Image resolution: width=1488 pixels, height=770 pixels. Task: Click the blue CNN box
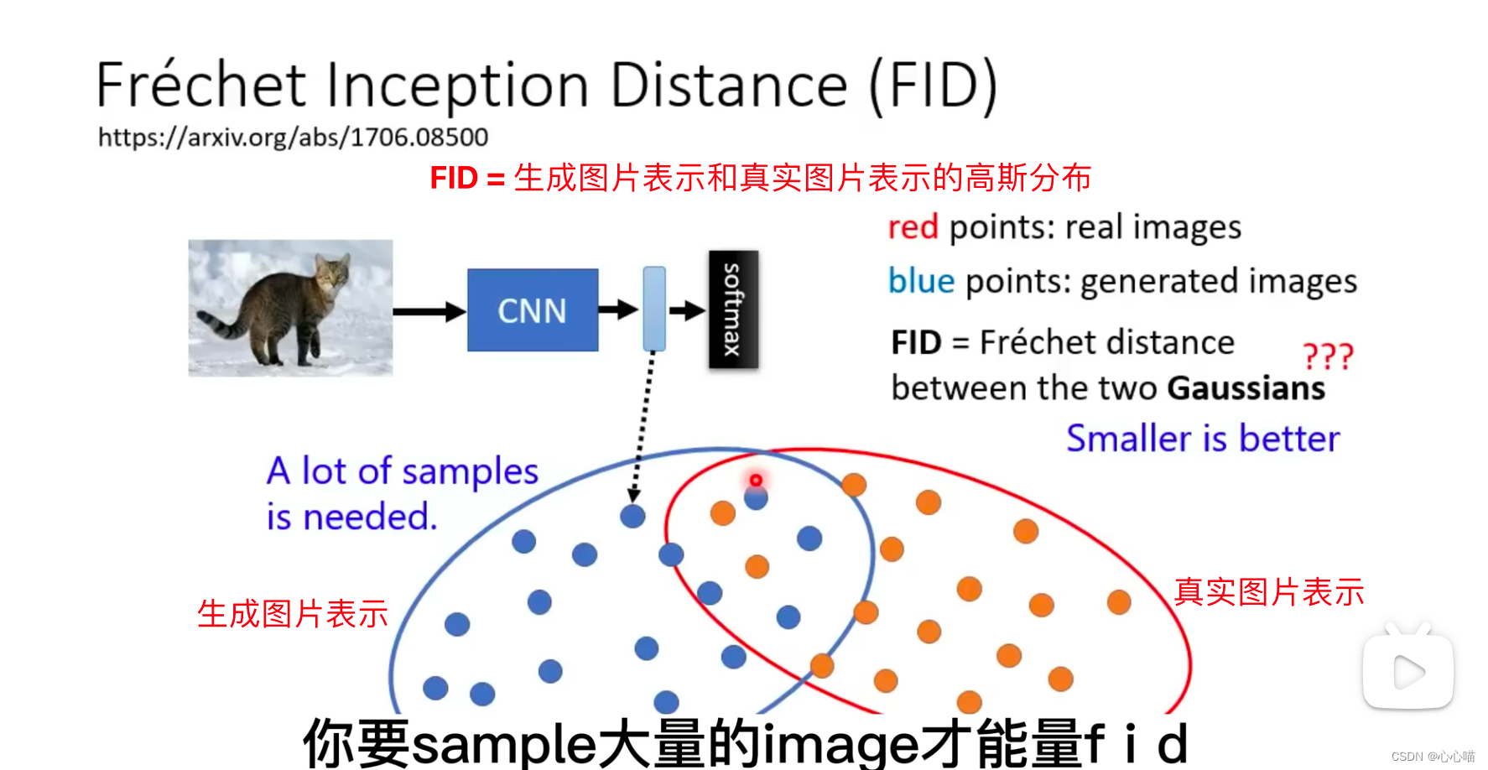pos(533,310)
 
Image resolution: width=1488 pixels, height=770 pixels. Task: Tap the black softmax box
pos(733,310)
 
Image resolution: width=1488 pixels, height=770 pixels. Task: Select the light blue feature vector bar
pos(654,309)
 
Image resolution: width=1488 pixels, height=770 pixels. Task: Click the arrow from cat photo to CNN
pos(429,312)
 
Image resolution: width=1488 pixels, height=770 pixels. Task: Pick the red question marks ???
pos(1328,356)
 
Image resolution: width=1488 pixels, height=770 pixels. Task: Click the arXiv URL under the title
pos(293,137)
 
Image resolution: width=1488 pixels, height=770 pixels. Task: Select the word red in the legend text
pos(913,227)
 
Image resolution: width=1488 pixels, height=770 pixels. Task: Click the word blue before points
pos(921,281)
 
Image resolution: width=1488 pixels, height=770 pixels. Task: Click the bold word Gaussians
pos(1246,388)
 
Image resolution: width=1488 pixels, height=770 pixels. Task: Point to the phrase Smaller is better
pos(1203,439)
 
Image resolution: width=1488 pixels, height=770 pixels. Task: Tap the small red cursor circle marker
pos(756,480)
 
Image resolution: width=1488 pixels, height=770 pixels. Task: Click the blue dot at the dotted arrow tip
pos(632,516)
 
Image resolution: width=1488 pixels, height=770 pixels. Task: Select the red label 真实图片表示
pos(1268,592)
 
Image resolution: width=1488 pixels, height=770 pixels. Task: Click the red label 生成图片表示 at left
pos(292,614)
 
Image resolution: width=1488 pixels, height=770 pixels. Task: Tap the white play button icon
pos(1408,672)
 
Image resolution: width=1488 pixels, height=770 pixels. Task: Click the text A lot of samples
pos(403,471)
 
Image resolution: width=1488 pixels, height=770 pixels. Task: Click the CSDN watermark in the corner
pos(1432,757)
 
